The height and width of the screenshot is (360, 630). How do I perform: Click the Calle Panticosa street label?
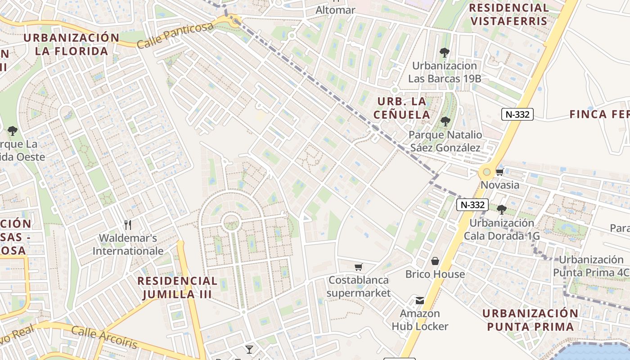click(175, 35)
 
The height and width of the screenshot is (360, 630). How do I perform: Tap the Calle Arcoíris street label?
click(104, 337)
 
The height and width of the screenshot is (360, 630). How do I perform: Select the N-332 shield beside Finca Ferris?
click(517, 114)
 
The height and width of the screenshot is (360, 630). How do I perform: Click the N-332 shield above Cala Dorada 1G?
click(472, 205)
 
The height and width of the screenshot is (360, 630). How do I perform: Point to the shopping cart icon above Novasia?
click(499, 172)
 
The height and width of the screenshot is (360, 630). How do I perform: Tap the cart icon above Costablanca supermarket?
click(359, 267)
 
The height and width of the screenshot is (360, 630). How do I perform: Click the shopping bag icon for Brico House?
click(435, 261)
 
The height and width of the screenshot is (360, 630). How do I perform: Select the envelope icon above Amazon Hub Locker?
click(419, 301)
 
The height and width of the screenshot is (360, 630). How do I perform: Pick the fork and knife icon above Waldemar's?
click(128, 225)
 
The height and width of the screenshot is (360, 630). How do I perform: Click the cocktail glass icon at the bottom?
click(249, 349)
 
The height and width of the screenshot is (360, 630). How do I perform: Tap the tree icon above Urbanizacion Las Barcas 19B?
click(445, 53)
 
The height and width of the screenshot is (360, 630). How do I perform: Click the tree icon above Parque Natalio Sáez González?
click(445, 121)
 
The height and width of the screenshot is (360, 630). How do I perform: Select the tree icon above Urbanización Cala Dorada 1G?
click(502, 210)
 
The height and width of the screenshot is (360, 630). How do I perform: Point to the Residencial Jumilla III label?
click(177, 288)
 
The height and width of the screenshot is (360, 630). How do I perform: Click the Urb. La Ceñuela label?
click(402, 108)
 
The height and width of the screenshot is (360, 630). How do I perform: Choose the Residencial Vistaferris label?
click(509, 14)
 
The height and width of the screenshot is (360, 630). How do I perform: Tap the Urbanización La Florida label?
click(72, 44)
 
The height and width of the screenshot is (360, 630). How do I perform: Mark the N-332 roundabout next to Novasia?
click(486, 172)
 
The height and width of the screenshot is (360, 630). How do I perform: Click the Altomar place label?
click(335, 10)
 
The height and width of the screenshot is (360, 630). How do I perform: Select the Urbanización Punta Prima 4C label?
click(591, 266)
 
